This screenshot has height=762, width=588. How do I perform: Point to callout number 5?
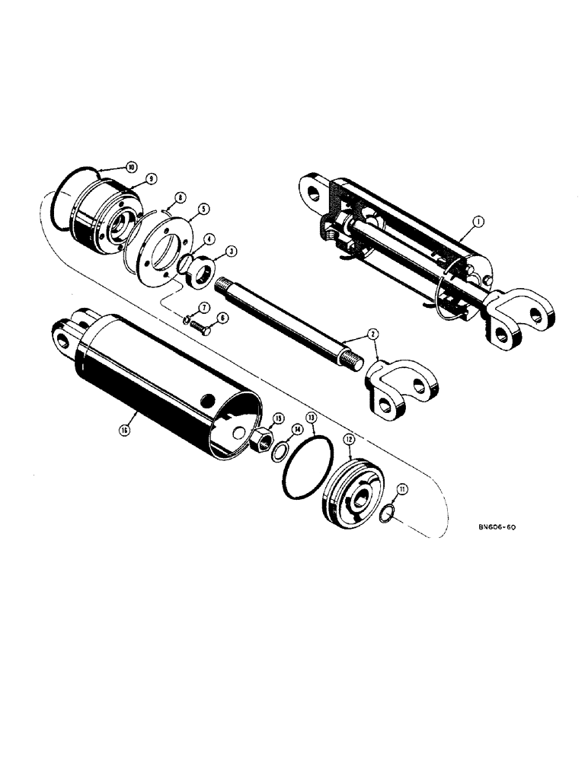click(x=204, y=209)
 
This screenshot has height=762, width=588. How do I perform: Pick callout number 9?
click(x=151, y=178)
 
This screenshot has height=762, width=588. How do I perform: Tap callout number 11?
click(x=402, y=488)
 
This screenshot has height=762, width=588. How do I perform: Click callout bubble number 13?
click(x=311, y=418)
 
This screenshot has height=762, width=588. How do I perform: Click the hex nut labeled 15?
click(x=259, y=440)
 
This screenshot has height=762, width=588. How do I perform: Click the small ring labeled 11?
click(x=387, y=514)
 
